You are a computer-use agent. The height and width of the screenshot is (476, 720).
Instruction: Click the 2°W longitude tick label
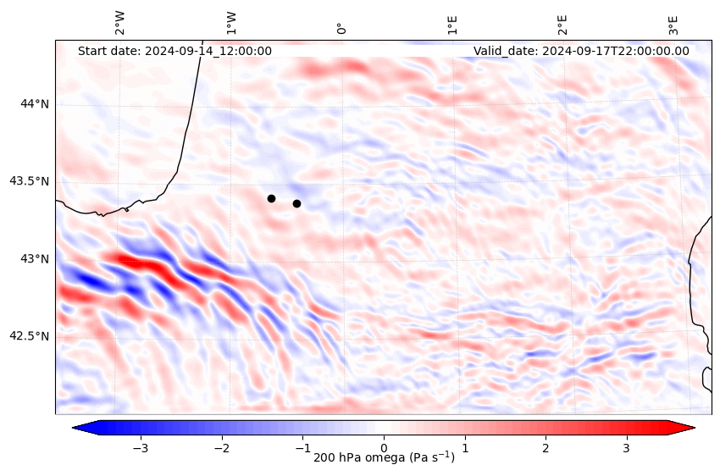(x=120, y=24)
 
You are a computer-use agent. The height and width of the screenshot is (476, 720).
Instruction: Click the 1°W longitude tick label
(x=231, y=24)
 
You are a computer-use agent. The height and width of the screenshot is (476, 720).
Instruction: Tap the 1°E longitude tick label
(x=452, y=25)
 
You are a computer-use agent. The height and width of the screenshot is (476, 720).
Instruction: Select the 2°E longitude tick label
(x=562, y=25)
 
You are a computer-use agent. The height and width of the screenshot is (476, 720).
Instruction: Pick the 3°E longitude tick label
(x=673, y=25)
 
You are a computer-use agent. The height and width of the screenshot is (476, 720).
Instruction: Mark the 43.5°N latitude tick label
(x=29, y=181)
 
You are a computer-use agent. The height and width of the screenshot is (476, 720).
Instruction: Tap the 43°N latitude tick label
(x=35, y=258)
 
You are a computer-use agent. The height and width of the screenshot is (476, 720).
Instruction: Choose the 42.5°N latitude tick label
(x=29, y=335)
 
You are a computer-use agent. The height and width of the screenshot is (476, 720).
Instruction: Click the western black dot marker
(x=271, y=198)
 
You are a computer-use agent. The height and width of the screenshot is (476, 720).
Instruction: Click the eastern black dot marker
(x=296, y=203)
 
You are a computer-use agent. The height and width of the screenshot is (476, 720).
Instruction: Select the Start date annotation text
(x=174, y=51)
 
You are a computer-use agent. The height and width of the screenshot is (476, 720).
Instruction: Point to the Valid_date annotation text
(x=581, y=51)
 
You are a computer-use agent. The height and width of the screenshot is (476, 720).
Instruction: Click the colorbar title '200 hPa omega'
(x=384, y=458)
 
